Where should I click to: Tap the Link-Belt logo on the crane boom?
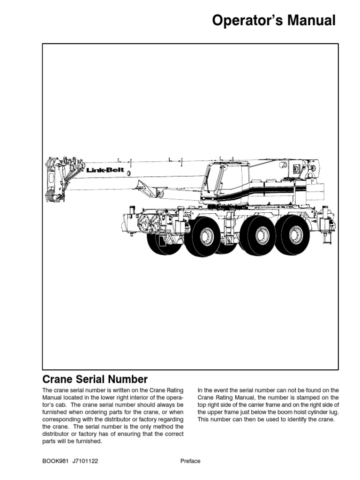(105, 170)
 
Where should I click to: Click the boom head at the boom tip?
(52, 179)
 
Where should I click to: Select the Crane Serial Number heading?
(95, 379)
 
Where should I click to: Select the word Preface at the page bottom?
(190, 461)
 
